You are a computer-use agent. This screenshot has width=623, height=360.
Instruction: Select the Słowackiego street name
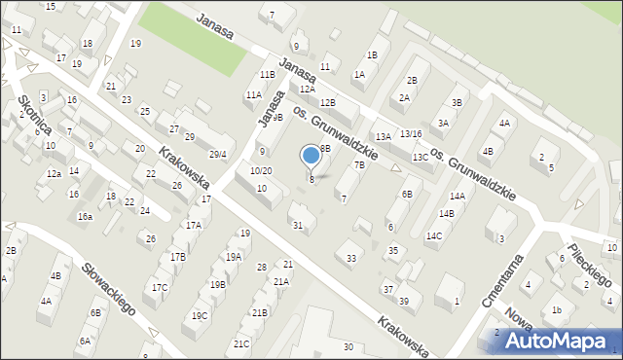tap(107, 290)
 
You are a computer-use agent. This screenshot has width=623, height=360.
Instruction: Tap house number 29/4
tap(217, 154)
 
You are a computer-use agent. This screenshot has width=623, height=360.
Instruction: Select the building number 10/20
tap(261, 170)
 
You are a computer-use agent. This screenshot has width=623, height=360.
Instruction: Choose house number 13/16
tap(411, 133)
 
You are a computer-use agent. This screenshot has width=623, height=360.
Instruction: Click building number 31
tap(298, 226)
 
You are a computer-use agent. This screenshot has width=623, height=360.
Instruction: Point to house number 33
tap(351, 258)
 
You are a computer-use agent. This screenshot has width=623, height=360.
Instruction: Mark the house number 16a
tap(86, 216)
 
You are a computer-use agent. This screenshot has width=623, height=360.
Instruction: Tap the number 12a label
tap(54, 173)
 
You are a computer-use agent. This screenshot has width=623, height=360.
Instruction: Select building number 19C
tap(200, 315)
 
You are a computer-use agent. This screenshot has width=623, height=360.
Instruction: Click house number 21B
tap(259, 312)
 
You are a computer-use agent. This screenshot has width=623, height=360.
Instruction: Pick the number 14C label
tap(434, 235)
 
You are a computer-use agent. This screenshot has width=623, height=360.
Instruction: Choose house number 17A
tap(194, 225)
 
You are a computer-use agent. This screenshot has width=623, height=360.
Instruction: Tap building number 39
tap(403, 301)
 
